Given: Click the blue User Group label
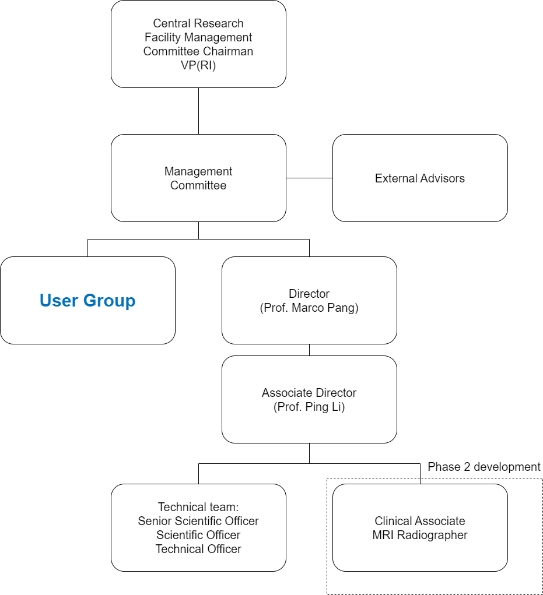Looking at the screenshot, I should (x=87, y=301).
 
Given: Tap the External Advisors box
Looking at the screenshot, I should (x=420, y=178).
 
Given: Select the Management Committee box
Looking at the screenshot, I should (x=198, y=178).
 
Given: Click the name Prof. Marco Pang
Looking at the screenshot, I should (x=309, y=308).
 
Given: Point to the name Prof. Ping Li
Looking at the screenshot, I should (x=309, y=407).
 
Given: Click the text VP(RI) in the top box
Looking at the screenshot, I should (x=198, y=65).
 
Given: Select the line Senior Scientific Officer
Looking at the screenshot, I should (x=198, y=521).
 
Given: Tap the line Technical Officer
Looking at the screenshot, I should (x=198, y=549).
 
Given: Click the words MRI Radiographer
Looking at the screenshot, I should (x=420, y=535).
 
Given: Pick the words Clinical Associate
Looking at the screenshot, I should (x=420, y=521).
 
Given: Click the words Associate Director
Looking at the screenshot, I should (x=309, y=393).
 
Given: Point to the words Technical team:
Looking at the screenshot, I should (x=198, y=507).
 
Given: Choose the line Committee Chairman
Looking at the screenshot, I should (x=198, y=51).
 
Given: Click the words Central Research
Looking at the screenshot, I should (x=198, y=23).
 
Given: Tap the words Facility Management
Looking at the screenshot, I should (x=198, y=37).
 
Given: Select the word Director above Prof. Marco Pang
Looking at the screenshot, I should (x=309, y=294).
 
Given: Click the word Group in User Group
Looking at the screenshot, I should (x=109, y=301).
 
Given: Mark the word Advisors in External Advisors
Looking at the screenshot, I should (x=443, y=178).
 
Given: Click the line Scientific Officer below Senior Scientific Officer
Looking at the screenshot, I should (x=198, y=535).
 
